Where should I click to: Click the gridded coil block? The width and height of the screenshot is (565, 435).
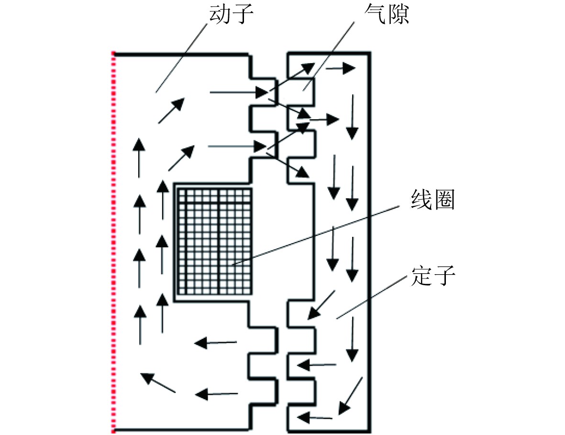214,241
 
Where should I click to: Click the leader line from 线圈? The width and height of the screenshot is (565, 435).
316,234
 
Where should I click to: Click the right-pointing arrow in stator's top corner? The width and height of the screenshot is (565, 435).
340,68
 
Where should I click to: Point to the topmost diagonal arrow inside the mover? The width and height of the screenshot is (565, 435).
171,111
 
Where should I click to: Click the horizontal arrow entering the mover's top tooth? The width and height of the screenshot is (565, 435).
237,91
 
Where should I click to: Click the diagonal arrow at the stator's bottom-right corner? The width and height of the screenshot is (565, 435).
350,395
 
